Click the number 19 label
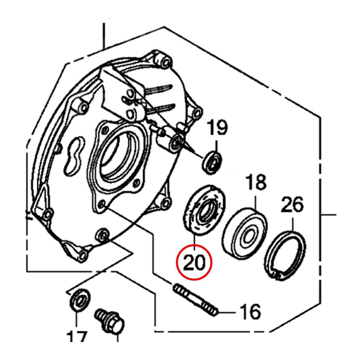(218, 129)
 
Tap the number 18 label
(255, 184)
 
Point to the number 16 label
(250, 311)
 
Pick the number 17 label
(77, 337)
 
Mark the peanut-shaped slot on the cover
(74, 155)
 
